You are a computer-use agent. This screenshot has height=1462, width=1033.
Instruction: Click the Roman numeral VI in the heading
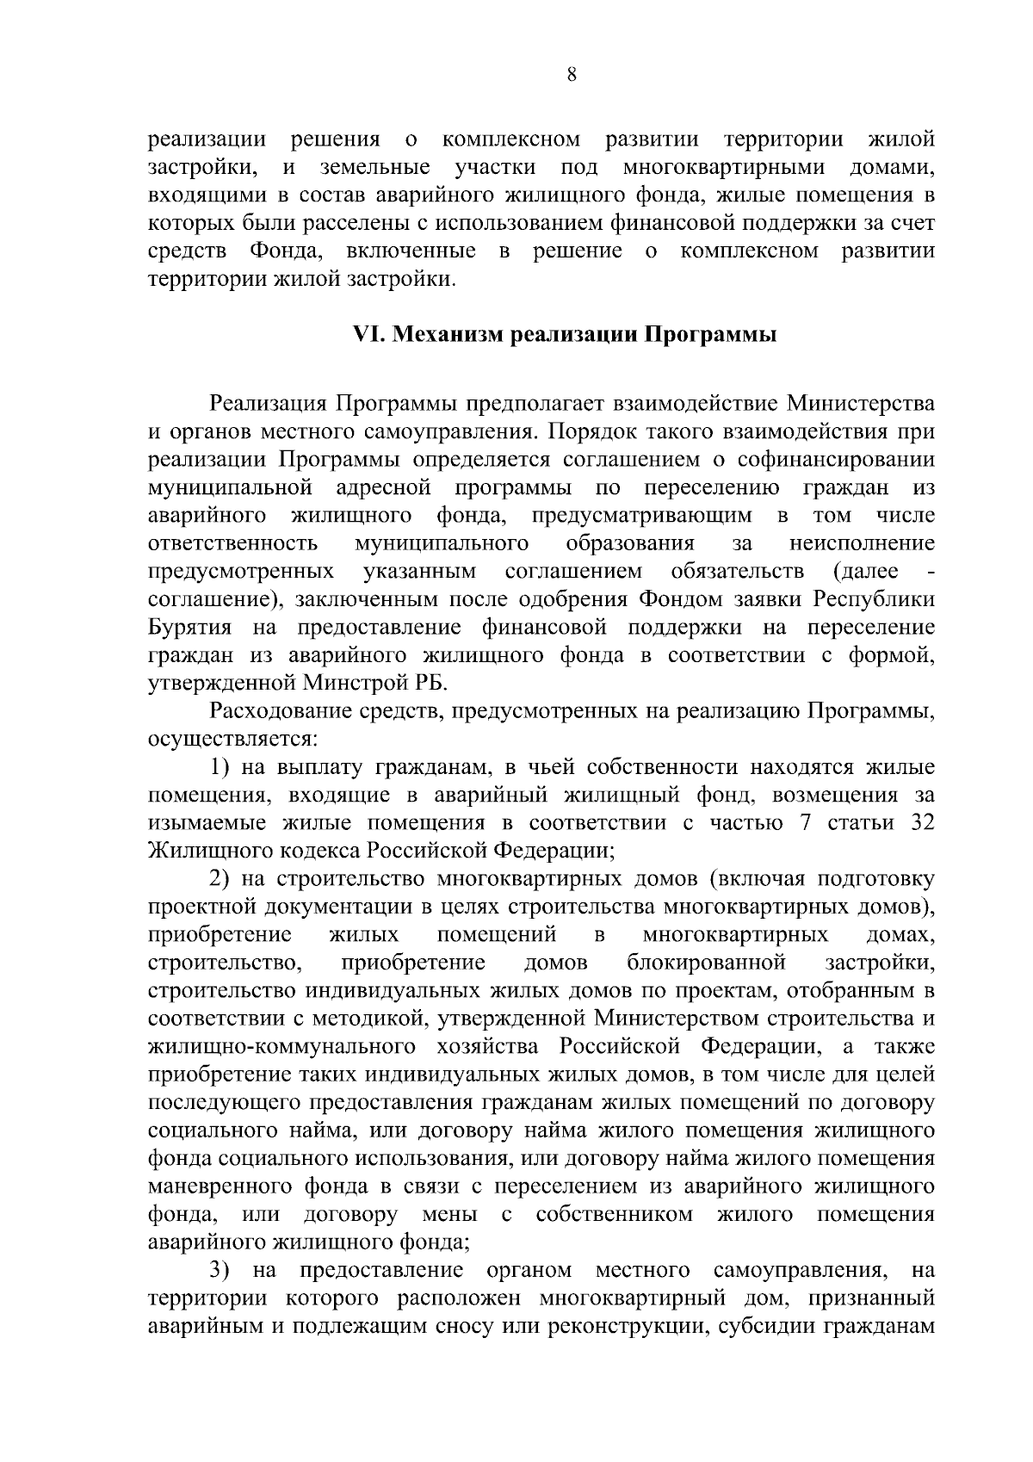point(368,334)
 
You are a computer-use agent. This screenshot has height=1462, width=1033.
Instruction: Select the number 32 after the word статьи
point(921,822)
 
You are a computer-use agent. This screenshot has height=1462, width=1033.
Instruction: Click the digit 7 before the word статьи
point(805,822)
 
